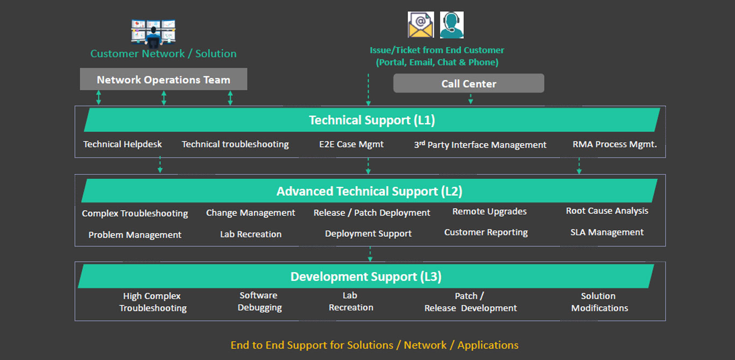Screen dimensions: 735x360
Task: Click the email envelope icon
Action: (x=421, y=25)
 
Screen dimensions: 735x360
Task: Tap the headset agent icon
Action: (x=452, y=25)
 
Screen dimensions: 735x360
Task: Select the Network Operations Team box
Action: (x=164, y=79)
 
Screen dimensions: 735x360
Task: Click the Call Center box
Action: (x=469, y=83)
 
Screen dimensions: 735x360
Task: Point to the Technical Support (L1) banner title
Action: (x=372, y=120)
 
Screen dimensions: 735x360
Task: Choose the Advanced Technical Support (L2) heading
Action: (x=370, y=192)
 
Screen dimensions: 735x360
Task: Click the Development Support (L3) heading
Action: (x=366, y=277)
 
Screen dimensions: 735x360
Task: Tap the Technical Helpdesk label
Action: (x=122, y=144)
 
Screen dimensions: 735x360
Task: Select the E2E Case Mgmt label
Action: (x=351, y=144)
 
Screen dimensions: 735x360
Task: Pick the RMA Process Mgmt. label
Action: (x=614, y=144)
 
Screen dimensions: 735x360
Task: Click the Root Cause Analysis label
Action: (x=607, y=211)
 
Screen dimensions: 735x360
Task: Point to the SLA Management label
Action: (x=607, y=232)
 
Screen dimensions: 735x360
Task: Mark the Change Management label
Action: (x=250, y=213)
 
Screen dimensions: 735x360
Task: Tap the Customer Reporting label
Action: (x=486, y=232)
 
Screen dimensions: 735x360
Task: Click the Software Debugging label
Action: (x=259, y=301)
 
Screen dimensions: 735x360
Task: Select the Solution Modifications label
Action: (x=599, y=302)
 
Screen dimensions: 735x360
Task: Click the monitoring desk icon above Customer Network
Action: (x=153, y=32)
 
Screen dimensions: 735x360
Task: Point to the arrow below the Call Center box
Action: (x=470, y=99)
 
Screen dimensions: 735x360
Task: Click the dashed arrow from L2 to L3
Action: (x=370, y=254)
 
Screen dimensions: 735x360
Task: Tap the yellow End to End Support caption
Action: (x=374, y=345)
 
